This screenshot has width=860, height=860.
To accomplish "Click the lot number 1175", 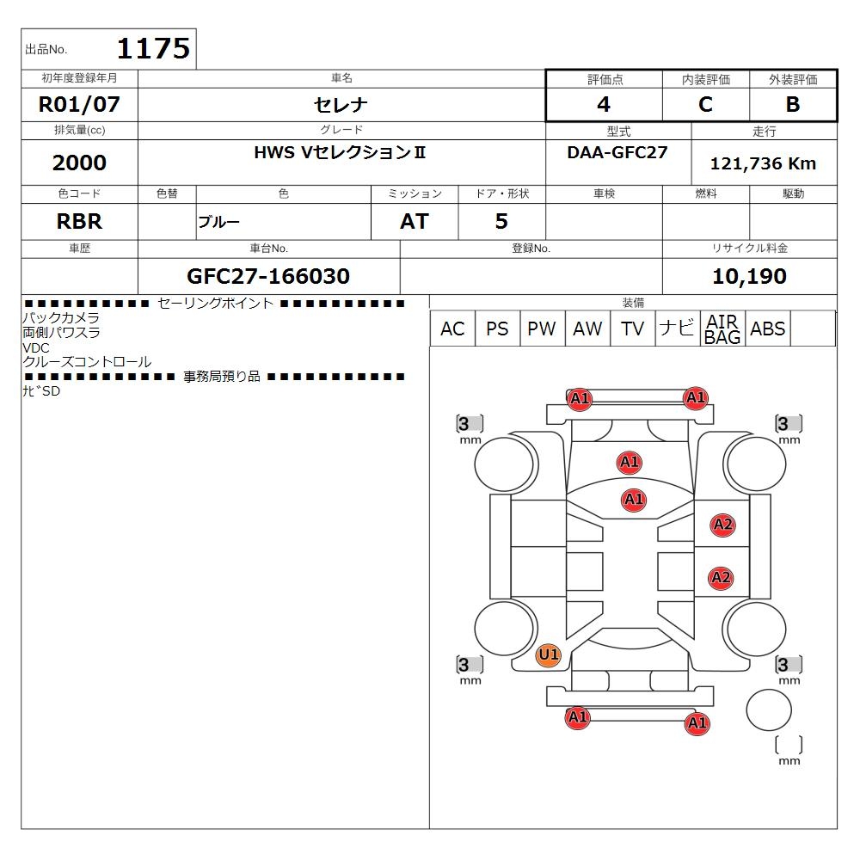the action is [153, 48].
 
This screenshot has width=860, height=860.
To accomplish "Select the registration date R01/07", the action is [79, 104].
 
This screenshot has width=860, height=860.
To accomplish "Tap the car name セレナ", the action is [341, 104].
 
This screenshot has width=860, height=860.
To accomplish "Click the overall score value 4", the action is [604, 104].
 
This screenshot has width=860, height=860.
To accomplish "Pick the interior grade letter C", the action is [705, 104].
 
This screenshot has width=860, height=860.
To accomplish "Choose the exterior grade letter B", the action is [793, 104].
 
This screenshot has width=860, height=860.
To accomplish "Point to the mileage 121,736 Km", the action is [763, 163].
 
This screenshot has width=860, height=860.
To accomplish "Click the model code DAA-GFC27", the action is [617, 152].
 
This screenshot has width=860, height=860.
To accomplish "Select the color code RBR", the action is [79, 221].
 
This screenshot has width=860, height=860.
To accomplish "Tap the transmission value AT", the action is [415, 221].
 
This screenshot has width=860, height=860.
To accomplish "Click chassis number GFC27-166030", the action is [268, 276].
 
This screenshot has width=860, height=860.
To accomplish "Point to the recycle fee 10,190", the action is [749, 276].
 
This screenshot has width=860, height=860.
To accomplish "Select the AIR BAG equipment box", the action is [722, 329].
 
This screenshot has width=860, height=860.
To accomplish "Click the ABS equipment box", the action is [767, 329].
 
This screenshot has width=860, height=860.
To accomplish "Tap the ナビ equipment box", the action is [678, 329].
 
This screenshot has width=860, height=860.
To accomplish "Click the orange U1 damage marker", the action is [549, 654].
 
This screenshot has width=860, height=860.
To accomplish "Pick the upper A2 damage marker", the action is [723, 525].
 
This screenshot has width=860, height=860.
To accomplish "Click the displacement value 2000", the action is [79, 163].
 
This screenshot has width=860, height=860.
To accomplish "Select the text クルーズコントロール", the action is [87, 362].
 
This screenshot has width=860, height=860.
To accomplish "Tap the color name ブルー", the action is [218, 222].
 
